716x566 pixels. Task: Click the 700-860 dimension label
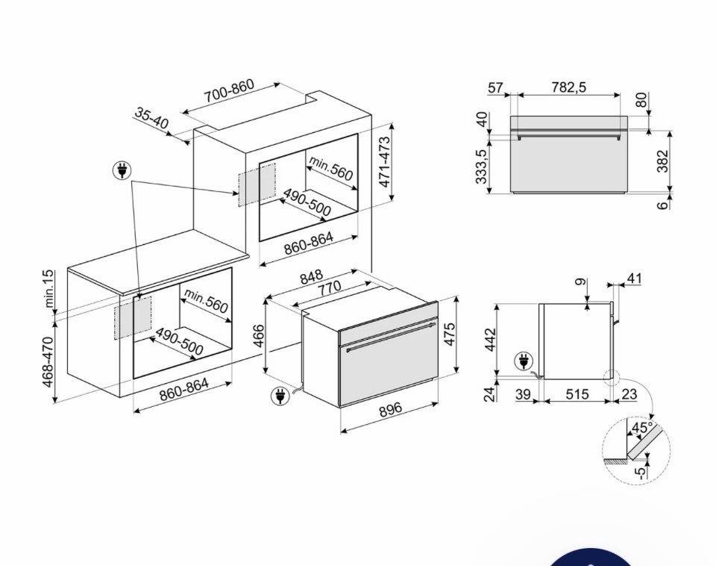(x=229, y=91)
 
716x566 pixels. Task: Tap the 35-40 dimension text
(x=151, y=119)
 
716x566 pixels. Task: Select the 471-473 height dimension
(x=385, y=162)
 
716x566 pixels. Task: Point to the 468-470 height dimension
(x=48, y=362)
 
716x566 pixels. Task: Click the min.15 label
(x=48, y=288)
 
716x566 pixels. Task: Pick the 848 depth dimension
(x=311, y=276)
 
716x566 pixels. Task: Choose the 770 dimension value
(x=329, y=288)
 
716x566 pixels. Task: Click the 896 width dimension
(x=390, y=408)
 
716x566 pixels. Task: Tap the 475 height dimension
(x=449, y=335)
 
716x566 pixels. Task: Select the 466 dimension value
(x=259, y=335)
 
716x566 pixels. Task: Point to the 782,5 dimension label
(x=568, y=87)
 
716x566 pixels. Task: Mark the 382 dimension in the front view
(x=662, y=161)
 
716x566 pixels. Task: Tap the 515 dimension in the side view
(x=577, y=394)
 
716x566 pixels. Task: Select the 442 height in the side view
(x=490, y=339)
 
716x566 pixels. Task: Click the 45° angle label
(x=641, y=428)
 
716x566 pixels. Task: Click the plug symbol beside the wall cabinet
(x=122, y=170)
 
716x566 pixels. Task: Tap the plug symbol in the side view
(x=524, y=361)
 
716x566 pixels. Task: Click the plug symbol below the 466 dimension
(x=280, y=396)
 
